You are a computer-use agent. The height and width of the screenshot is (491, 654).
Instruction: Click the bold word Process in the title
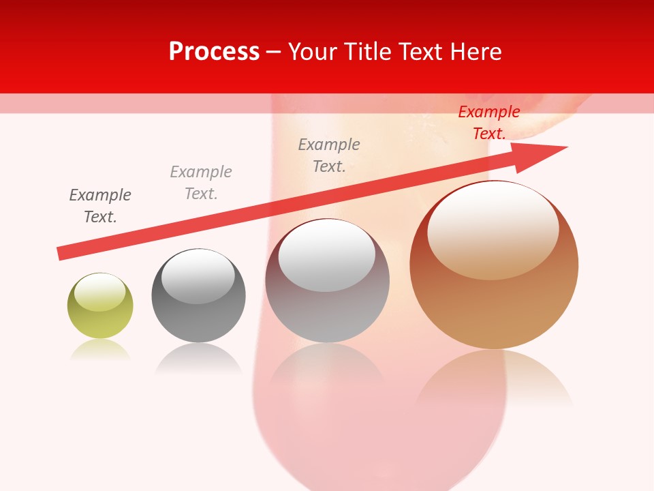[214, 52]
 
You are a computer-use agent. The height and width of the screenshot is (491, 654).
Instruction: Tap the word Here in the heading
[476, 52]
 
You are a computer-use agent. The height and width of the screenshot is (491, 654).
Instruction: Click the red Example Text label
[488, 123]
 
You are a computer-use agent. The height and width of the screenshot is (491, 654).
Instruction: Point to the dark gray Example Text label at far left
[100, 206]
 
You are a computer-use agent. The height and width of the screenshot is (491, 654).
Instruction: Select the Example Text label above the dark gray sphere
[201, 183]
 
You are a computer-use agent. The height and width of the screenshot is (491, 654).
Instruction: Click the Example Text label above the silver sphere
[329, 155]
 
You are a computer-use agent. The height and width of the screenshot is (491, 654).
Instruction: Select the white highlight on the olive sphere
[99, 293]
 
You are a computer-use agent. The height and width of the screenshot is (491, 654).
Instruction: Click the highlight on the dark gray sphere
[198, 276]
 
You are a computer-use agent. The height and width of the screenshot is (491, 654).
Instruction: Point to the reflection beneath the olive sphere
[100, 351]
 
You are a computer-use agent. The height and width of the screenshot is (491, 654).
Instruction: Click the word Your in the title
[313, 52]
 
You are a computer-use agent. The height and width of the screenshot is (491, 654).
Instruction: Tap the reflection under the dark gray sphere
[198, 358]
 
